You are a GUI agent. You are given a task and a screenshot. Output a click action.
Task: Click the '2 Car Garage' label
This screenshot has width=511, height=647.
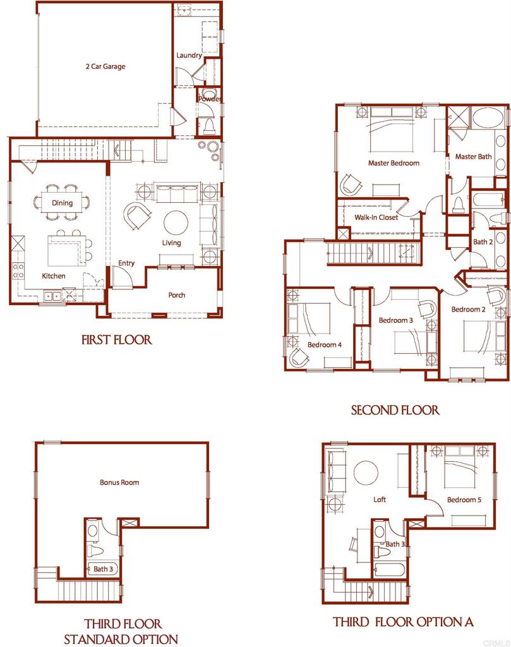(105, 66)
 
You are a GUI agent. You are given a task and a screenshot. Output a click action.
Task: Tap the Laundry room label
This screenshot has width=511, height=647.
(189, 56)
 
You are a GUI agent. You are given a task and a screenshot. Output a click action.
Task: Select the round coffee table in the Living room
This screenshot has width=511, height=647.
(176, 222)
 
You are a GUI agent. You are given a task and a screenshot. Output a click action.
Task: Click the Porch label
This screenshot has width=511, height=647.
(177, 295)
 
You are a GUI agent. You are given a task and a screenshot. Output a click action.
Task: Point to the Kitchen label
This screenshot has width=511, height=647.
(54, 276)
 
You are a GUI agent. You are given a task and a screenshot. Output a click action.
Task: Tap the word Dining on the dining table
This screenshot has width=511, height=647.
(62, 203)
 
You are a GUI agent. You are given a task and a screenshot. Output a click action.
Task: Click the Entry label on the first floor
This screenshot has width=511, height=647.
(126, 263)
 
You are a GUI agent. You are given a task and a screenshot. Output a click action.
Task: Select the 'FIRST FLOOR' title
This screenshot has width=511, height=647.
(117, 340)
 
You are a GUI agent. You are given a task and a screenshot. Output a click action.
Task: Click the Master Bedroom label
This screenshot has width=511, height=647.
(394, 163)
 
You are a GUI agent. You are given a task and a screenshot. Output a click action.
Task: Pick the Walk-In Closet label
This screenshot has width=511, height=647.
(376, 217)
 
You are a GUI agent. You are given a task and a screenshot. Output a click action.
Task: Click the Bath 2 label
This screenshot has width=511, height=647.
(483, 242)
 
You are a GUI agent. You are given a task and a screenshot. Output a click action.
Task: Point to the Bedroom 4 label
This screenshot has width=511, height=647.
(325, 345)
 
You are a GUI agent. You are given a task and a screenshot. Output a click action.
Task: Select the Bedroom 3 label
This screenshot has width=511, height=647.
(395, 320)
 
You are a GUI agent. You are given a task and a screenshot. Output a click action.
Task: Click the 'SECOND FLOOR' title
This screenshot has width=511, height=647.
(395, 411)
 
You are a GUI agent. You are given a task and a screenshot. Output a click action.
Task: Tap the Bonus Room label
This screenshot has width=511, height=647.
(119, 482)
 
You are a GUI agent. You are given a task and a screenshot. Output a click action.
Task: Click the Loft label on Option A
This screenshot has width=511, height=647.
(380, 500)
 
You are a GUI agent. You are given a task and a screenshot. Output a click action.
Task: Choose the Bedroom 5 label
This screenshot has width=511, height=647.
(464, 500)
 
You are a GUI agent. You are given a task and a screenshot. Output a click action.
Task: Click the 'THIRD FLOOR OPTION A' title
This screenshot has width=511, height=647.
(403, 622)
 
